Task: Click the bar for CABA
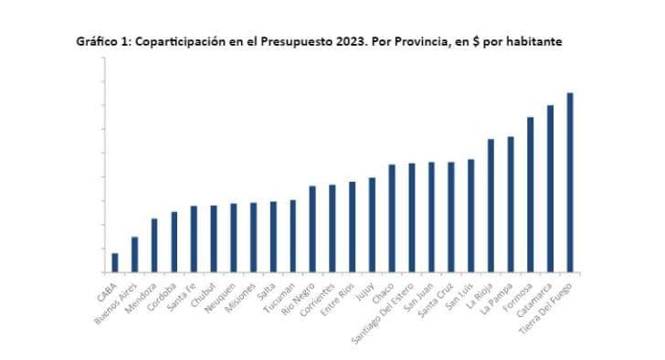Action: tap(115, 262)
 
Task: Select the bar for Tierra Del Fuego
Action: tap(570, 183)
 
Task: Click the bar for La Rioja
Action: tap(491, 206)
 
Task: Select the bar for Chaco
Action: tap(392, 218)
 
